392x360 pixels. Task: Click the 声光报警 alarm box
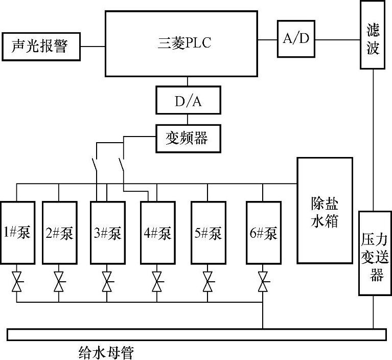point(41,47)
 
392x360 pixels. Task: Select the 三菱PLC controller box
point(181,43)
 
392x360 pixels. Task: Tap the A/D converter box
point(296,39)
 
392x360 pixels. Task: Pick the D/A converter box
point(188,100)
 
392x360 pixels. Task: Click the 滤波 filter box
point(373,35)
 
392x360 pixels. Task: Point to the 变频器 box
point(188,139)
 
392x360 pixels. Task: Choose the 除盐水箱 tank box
point(325,210)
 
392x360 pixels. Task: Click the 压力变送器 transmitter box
point(375,253)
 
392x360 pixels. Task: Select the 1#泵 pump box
point(17,233)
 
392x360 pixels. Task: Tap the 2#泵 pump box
point(59,233)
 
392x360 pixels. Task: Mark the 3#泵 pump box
point(108,233)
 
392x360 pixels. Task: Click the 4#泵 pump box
point(158,233)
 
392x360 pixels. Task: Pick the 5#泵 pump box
point(209,233)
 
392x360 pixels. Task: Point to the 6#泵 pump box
point(264,233)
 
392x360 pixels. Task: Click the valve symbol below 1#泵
point(17,282)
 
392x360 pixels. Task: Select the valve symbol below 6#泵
point(263,282)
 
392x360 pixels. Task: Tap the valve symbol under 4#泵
point(157,282)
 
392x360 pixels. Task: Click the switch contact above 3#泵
point(95,164)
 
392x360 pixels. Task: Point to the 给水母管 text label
point(106,353)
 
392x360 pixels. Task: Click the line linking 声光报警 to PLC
point(93,47)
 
